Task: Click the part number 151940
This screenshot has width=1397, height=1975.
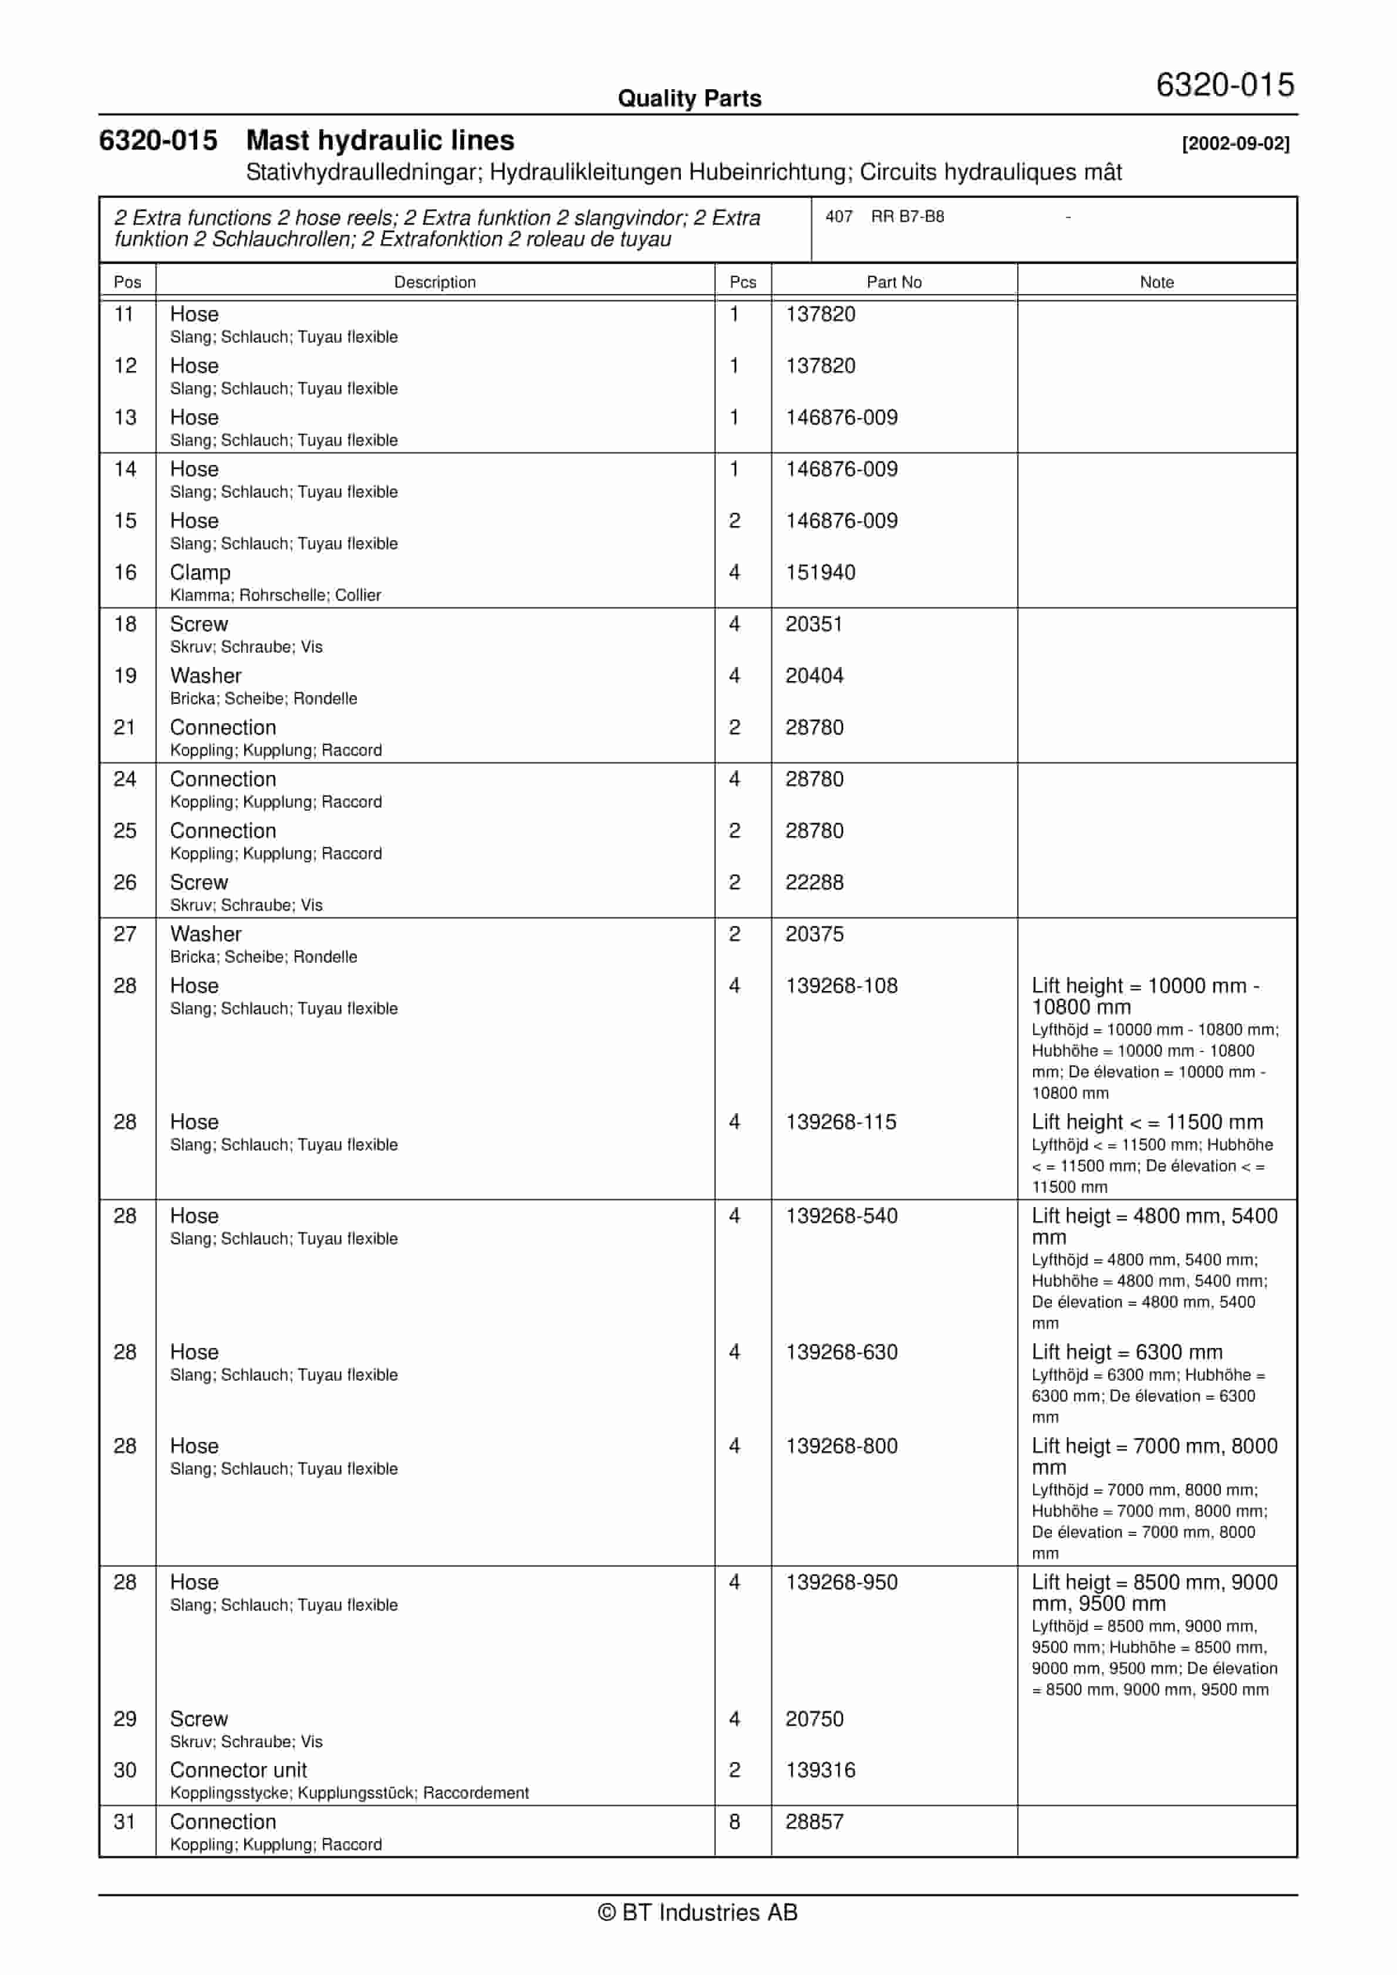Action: (820, 573)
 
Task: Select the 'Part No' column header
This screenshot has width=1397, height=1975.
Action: (894, 282)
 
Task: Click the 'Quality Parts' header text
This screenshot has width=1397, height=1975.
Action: (689, 99)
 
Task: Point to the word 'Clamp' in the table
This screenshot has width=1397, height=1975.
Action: (200, 573)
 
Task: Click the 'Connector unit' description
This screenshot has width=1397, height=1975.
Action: (238, 1770)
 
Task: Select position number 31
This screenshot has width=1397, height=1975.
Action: (124, 1822)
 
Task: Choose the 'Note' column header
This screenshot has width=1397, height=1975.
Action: (1156, 282)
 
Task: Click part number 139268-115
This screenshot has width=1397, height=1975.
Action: (841, 1123)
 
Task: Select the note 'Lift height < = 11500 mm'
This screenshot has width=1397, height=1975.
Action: (1147, 1123)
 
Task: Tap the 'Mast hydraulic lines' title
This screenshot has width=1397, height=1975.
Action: (380, 140)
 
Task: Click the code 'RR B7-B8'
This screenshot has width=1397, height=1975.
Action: (907, 217)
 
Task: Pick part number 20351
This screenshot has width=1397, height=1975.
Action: (813, 625)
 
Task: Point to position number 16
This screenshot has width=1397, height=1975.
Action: (124, 573)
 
